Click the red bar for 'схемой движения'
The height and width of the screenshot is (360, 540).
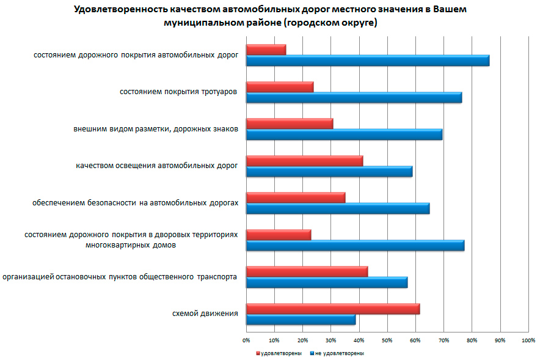point(332,309)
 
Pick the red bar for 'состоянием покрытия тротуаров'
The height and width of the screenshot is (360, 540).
point(279,87)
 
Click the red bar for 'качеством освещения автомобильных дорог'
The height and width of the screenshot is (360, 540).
point(304,161)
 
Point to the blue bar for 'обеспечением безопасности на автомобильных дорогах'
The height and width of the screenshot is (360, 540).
point(337,208)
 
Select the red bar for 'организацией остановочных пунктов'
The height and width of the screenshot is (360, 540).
point(306,271)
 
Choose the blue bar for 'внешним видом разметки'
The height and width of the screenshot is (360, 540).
point(343,134)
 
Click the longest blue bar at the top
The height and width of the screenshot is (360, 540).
point(367,61)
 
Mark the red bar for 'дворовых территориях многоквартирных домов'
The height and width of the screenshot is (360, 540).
point(278,235)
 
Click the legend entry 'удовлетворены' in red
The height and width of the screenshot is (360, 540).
point(280,353)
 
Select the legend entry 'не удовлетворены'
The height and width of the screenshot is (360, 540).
point(340,353)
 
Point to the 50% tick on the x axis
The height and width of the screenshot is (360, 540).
point(387,339)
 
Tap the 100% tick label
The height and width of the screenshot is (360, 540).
point(528,339)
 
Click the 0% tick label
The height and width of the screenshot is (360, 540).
point(246,339)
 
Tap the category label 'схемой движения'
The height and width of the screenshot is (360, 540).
point(205,314)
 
